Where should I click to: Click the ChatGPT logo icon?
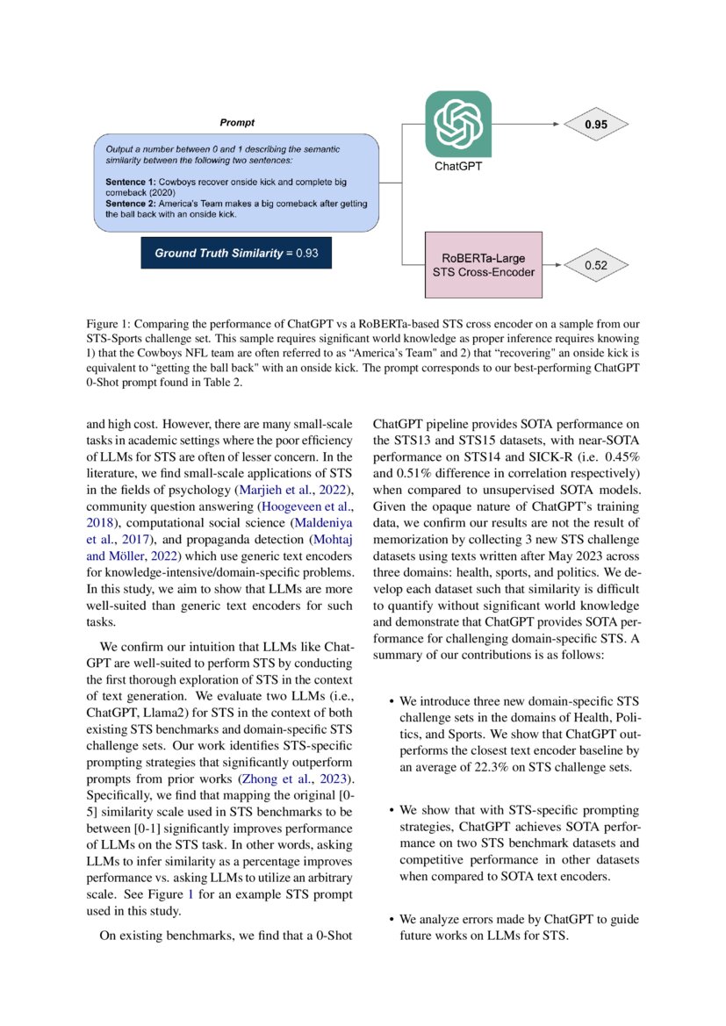pos(457,123)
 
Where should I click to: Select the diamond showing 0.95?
pos(596,125)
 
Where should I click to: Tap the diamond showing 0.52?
pos(596,263)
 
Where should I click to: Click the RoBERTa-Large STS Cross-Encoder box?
pos(481,264)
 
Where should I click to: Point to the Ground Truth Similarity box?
pos(235,253)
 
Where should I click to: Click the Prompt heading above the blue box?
pos(237,123)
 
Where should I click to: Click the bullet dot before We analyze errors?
pos(391,920)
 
